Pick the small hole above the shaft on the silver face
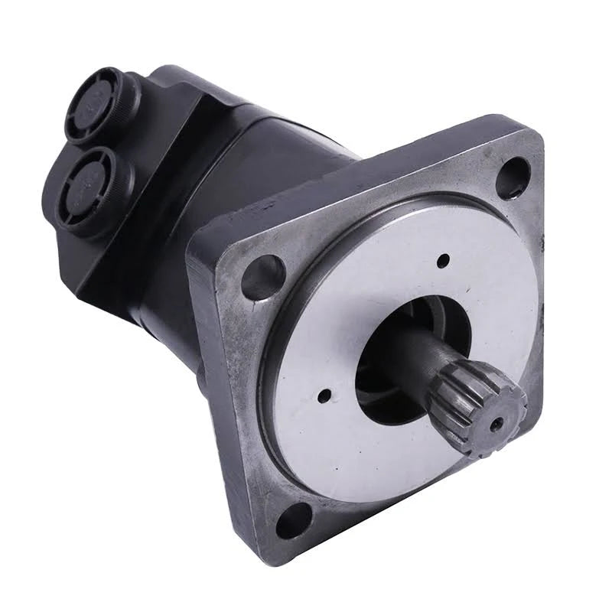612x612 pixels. (441, 262)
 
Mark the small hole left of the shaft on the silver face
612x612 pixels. (324, 396)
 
